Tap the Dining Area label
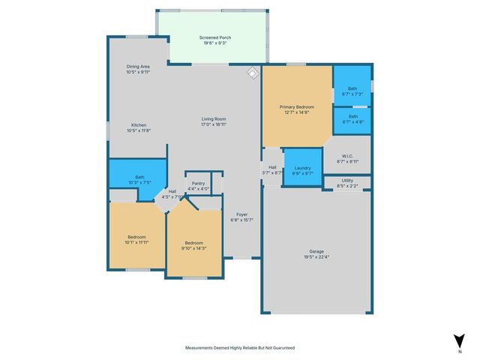[138, 69]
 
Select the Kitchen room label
[139, 127]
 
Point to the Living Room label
[214, 121]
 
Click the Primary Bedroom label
[297, 110]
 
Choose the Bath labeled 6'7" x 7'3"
[352, 91]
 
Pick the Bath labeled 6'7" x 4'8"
[352, 118]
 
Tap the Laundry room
[303, 171]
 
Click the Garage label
[317, 254]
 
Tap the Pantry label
[199, 186]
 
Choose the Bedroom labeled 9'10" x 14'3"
[194, 246]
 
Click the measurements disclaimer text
[240, 348]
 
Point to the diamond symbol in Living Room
[253, 73]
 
